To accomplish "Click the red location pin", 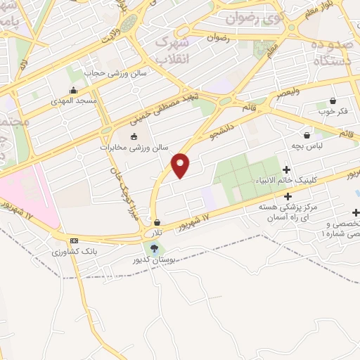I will point(181,165).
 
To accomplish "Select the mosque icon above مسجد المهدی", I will point(73,90).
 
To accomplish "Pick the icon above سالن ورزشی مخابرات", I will point(134,136).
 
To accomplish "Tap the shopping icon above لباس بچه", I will point(307,135).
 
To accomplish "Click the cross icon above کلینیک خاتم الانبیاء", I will point(287,169).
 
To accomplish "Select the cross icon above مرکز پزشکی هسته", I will point(288,195).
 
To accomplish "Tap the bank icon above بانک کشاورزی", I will point(73,240).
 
